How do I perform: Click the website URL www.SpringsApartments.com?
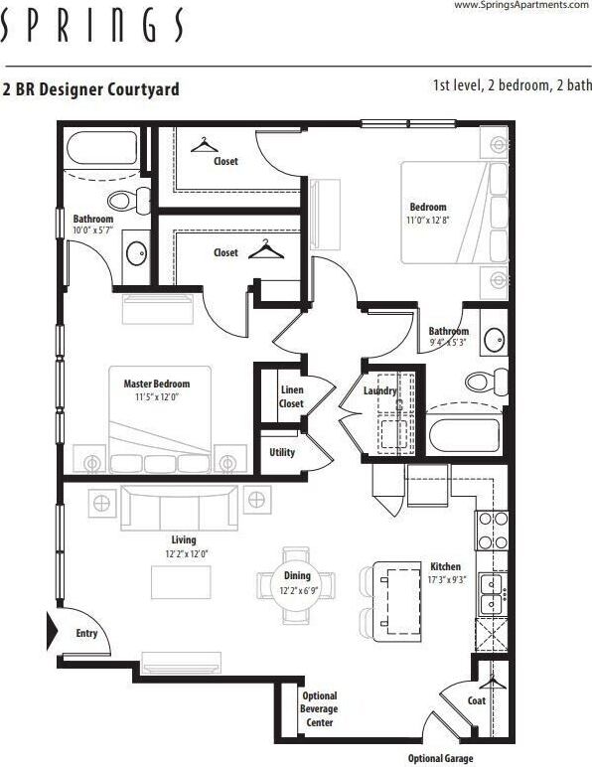point(521,6)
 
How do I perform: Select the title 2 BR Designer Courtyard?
point(91,89)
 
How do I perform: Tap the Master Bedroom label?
point(156,383)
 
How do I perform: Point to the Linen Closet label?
point(291,396)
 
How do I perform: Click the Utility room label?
point(282,452)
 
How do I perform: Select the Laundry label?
point(380,391)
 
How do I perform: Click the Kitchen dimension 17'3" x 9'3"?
point(444,578)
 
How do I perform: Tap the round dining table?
point(297,585)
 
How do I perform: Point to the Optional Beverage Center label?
point(319,709)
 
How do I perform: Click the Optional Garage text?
point(440,758)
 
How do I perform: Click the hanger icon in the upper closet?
point(205,146)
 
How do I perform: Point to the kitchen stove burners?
point(493,531)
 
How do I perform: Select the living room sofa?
point(180,509)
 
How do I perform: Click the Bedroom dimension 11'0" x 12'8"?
point(428,221)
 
